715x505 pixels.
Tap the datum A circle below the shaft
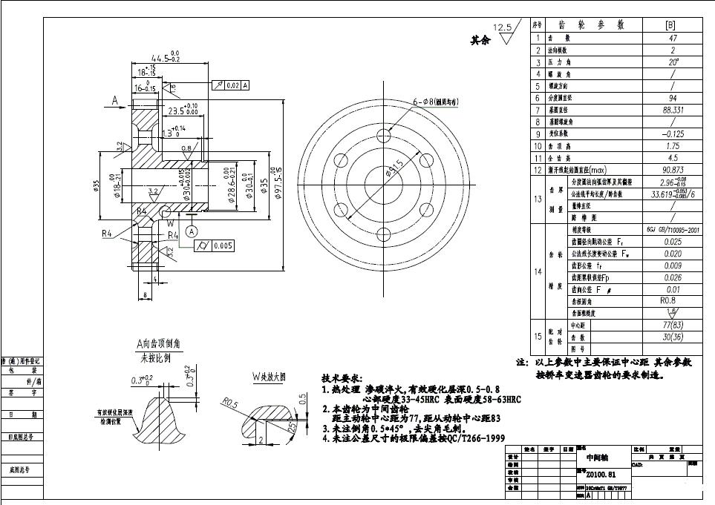click(192, 231)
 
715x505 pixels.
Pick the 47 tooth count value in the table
click(673, 38)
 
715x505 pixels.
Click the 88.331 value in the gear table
click(673, 110)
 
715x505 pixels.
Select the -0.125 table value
click(673, 134)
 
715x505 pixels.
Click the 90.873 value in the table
click(673, 170)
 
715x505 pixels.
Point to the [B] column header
click(673, 25)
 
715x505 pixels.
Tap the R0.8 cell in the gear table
click(673, 301)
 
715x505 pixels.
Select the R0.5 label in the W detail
click(230, 403)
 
